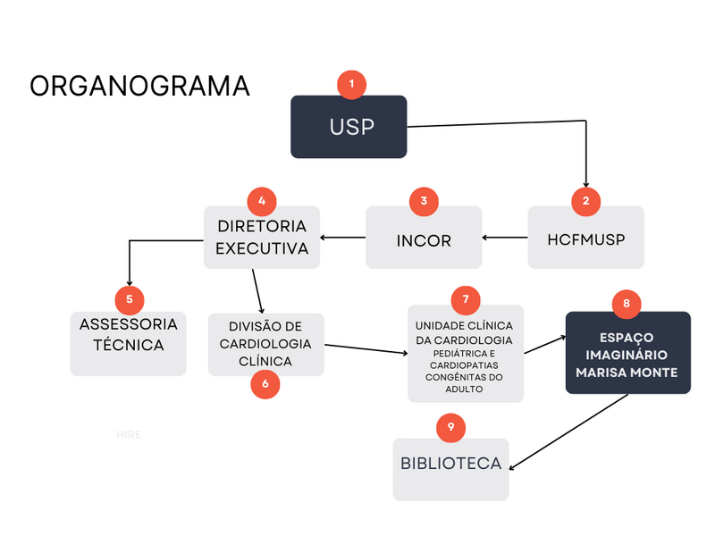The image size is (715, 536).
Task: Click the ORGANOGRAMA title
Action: (139, 86)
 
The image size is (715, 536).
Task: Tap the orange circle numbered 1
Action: (351, 84)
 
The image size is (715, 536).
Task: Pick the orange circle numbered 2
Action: (585, 202)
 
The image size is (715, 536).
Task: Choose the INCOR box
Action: (424, 239)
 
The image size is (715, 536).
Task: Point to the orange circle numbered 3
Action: (424, 201)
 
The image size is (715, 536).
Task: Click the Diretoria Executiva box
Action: (262, 238)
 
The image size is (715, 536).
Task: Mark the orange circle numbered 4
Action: (261, 201)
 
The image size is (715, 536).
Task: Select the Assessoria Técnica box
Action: (128, 344)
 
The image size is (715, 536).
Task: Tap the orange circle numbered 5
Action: (130, 298)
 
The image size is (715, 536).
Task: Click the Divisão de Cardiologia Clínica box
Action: (265, 343)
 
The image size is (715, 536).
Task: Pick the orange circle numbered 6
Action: (265, 383)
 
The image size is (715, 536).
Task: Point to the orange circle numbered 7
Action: (466, 298)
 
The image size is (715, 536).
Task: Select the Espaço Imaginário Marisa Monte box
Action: (627, 353)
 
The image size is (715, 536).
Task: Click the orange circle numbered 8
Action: (627, 303)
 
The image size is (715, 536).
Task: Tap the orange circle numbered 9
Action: (450, 427)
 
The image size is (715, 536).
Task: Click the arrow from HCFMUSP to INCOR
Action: (504, 239)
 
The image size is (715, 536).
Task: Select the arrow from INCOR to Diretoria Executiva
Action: (343, 238)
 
